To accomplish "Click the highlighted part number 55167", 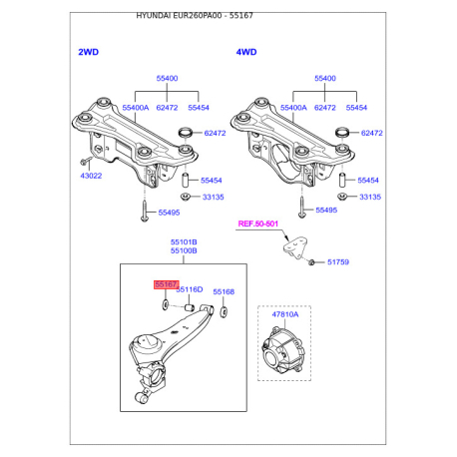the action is pos(166,284).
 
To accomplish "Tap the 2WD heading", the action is pos(89,52).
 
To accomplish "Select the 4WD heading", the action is pos(246,52).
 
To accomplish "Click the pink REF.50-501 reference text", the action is pos(258,224).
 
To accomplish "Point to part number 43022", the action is pos(91,176).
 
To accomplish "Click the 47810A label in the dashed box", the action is pos(285,314).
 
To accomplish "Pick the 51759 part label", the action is pos(338,262).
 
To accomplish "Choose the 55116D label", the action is pos(190,289).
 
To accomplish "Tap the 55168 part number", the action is pos(224,291).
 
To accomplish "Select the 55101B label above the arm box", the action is pos(184,242).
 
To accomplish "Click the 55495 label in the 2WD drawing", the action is pos(169,213).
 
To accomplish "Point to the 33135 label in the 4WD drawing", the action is pos(370,197).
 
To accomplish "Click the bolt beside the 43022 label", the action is pos(86,161).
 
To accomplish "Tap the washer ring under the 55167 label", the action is pos(165,304).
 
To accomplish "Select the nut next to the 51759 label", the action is pos(311,262).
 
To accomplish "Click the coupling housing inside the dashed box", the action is pos(283,350).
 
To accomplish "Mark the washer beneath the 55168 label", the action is pos(224,311).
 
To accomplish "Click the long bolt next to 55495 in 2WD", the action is pos(145,211).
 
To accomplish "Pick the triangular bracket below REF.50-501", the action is pos(295,247).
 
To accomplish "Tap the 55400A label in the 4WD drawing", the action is pos(293,108).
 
